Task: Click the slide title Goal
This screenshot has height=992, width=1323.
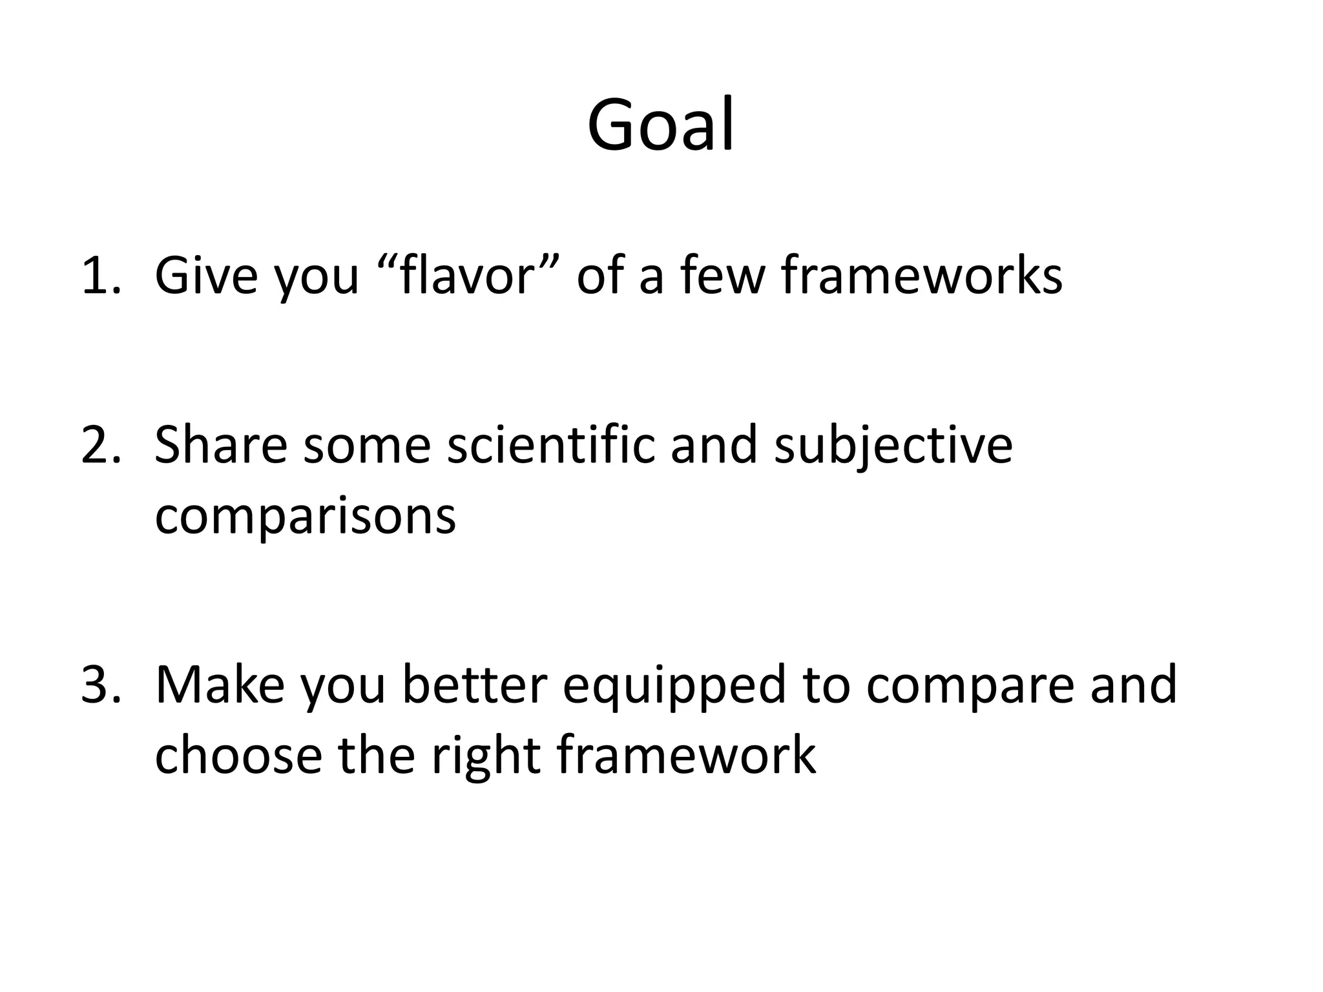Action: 660,124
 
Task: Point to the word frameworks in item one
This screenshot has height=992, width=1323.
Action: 921,276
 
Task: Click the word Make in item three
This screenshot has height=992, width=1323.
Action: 220,685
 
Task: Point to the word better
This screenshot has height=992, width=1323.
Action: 475,685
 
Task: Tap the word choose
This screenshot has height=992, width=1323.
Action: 238,756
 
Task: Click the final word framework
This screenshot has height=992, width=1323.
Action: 686,756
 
